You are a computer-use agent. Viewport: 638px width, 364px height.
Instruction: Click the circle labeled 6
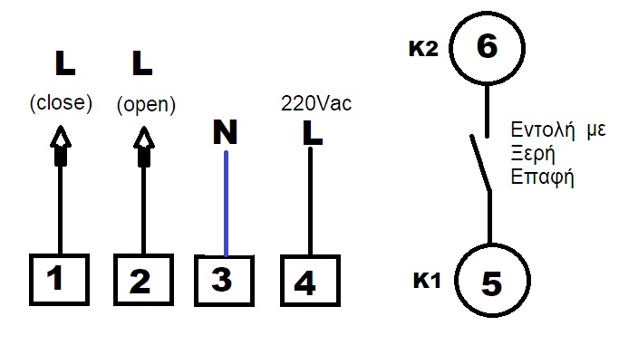(x=487, y=47)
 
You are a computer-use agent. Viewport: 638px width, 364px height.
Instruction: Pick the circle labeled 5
(x=490, y=282)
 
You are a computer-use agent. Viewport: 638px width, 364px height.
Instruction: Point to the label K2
(x=423, y=48)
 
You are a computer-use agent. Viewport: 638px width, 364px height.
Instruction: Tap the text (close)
(x=62, y=103)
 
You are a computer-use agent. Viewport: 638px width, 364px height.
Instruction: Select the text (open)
(x=145, y=105)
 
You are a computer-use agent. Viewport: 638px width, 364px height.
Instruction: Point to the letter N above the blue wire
(x=225, y=134)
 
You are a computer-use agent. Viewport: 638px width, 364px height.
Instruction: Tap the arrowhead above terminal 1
(x=61, y=139)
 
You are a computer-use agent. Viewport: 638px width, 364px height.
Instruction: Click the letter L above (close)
(x=64, y=63)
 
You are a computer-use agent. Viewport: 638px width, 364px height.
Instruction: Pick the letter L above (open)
(x=142, y=63)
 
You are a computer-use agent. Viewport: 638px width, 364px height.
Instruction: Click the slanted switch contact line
(x=479, y=162)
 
